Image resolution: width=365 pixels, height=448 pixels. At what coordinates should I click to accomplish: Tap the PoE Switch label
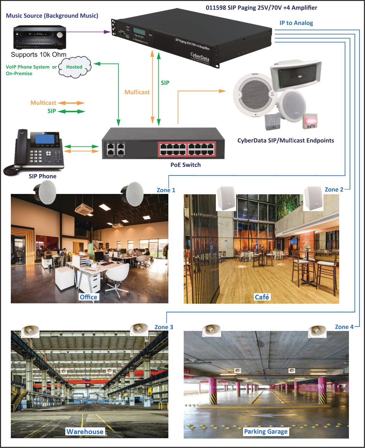185,165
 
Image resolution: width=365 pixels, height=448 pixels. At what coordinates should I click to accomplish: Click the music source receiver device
39,37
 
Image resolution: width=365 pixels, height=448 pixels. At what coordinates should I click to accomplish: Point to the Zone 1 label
166,190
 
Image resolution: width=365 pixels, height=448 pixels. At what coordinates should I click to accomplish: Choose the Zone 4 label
344,327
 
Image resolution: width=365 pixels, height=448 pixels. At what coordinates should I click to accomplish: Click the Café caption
262,297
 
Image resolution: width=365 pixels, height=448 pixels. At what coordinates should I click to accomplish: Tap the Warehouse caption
85,432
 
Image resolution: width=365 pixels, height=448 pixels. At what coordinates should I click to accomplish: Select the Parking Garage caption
266,432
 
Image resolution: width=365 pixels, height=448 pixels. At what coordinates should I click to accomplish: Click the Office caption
88,297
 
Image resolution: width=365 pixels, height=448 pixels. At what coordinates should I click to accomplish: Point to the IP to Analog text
296,23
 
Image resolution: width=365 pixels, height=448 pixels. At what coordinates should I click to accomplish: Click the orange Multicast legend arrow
71,103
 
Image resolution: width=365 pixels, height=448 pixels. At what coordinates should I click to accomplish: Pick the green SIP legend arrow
71,111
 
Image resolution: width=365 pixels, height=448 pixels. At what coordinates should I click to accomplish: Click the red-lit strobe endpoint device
310,121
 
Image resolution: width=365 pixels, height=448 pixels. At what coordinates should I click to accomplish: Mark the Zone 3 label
164,327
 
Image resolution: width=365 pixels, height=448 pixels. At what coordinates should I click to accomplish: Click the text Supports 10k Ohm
38,55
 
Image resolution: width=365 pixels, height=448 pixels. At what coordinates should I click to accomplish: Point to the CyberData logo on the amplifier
199,56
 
